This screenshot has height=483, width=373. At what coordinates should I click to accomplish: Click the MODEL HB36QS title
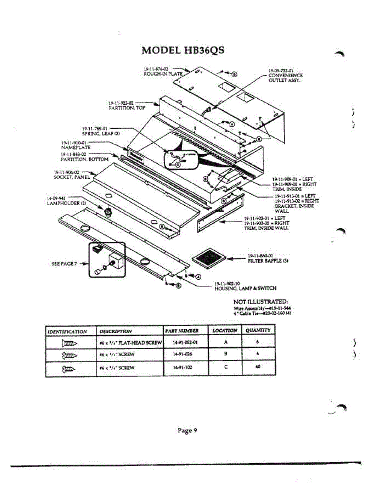183,50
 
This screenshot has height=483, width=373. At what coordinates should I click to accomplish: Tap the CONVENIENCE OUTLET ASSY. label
285,75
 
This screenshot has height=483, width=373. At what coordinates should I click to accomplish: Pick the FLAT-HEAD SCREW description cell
130,343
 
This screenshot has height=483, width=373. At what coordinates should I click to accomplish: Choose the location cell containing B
225,355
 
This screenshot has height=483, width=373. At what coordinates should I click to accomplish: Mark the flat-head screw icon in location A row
69,343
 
